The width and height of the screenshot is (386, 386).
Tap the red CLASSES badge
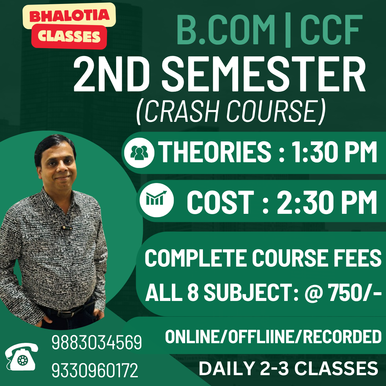[x=69, y=36]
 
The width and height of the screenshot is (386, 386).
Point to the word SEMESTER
[x=264, y=75]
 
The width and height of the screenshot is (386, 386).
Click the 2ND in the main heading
[x=112, y=75]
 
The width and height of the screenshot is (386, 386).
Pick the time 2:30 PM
[x=327, y=202]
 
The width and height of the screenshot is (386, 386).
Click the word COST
[x=220, y=202]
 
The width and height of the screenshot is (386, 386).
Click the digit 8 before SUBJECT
[x=193, y=292]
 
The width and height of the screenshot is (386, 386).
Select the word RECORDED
[x=342, y=337]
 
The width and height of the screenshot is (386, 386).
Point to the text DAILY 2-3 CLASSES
[x=288, y=369]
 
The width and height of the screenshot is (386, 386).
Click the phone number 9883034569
[x=96, y=342]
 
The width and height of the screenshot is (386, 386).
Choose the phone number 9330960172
[x=95, y=370]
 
